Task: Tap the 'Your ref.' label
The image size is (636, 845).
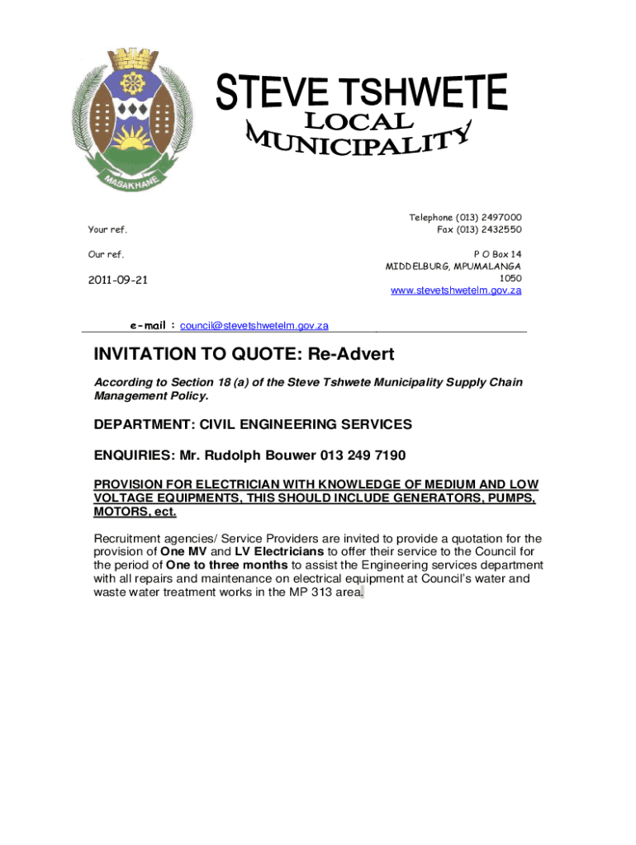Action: pyautogui.click(x=107, y=229)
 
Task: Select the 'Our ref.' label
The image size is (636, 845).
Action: pyautogui.click(x=106, y=254)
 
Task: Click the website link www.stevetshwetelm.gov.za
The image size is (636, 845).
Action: pyautogui.click(x=456, y=290)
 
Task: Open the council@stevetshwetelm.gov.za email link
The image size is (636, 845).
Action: pyautogui.click(x=254, y=326)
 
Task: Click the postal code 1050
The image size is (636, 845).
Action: pyautogui.click(x=510, y=278)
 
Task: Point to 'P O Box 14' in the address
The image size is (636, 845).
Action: pyautogui.click(x=497, y=254)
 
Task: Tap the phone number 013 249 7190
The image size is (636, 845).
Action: pyautogui.click(x=364, y=456)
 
